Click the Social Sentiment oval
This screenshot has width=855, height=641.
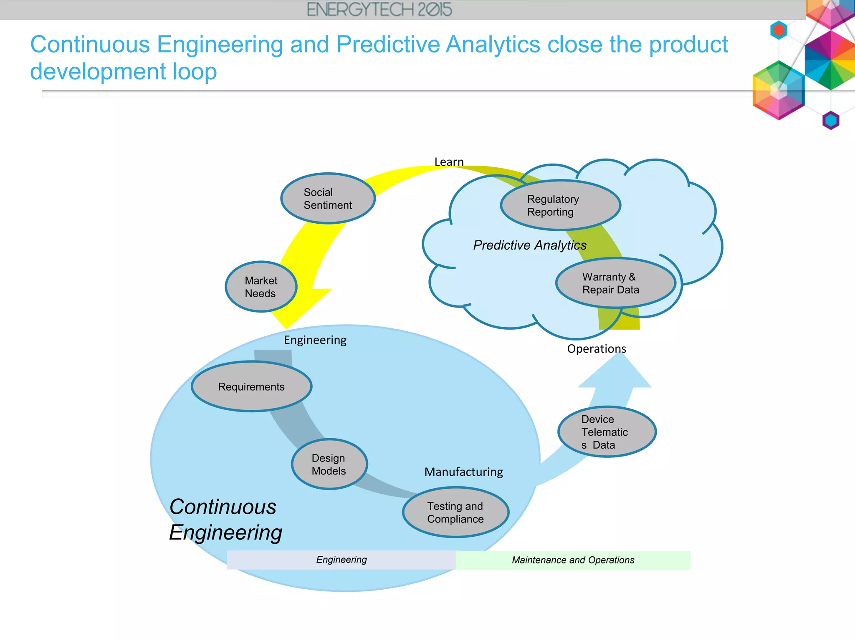click(328, 199)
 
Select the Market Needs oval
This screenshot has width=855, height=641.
click(261, 287)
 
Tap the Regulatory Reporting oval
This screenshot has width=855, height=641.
click(560, 205)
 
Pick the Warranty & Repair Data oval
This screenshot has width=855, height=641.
click(615, 283)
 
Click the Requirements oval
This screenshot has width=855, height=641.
click(251, 386)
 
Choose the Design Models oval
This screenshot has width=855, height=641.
click(329, 464)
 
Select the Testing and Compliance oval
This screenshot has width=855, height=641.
click(455, 512)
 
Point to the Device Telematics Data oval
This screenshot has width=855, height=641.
click(607, 432)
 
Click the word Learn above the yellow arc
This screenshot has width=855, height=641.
click(449, 162)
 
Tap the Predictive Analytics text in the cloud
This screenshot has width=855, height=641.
click(529, 245)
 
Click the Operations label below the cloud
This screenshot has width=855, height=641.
click(596, 348)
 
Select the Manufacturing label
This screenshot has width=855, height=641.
click(463, 472)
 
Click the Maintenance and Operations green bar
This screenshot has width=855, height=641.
click(573, 560)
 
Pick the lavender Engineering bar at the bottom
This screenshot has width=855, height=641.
click(341, 560)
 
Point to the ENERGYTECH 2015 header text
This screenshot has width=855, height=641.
click(379, 10)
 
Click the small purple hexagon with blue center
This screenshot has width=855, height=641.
click(830, 121)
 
